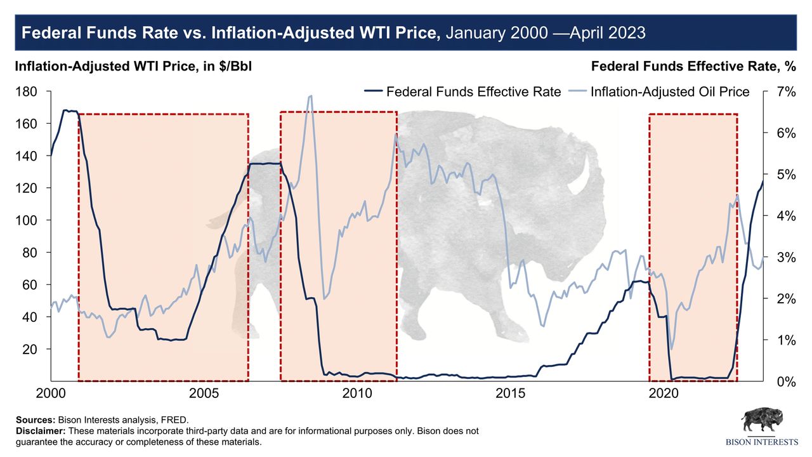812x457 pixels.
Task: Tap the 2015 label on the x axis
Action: (511, 394)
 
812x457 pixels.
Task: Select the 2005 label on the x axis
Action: (204, 394)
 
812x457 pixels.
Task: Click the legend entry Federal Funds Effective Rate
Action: (473, 92)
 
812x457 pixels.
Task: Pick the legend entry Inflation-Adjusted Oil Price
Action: (670, 92)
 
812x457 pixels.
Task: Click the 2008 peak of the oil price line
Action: (310, 96)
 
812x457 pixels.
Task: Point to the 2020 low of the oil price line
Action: (672, 348)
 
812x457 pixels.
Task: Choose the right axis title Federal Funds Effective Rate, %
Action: (693, 67)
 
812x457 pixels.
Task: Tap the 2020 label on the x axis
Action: (664, 394)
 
